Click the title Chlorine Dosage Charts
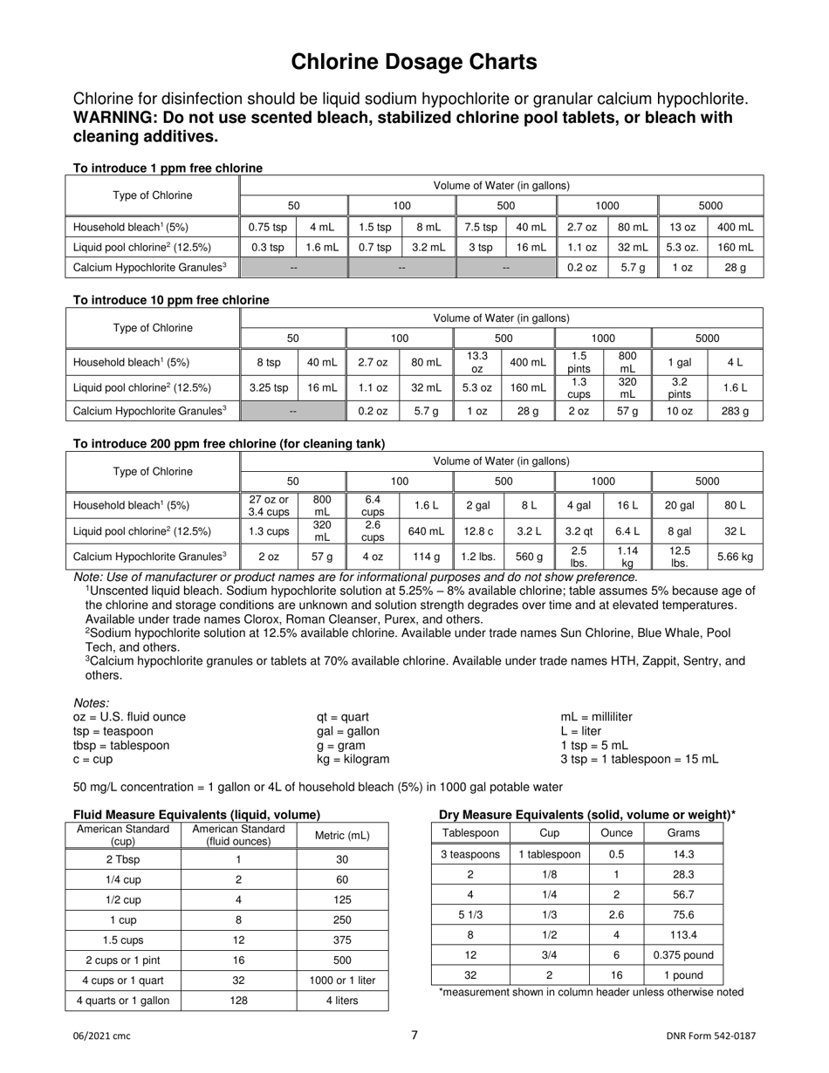point(414,61)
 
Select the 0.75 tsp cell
point(266,227)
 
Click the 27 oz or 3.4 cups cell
point(268,504)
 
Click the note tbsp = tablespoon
point(121,745)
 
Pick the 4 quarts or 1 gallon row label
point(123,1000)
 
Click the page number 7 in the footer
point(414,1035)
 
